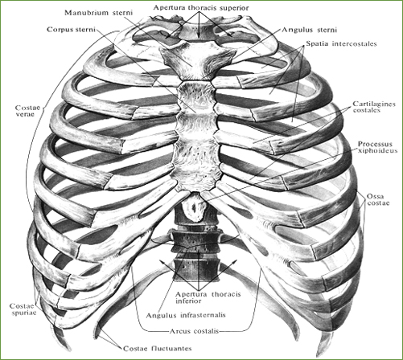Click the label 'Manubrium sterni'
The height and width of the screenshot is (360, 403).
(98, 13)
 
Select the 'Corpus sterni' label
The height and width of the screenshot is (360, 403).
(71, 29)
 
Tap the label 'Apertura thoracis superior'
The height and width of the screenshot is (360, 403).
(201, 8)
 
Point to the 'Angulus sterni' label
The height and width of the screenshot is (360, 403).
(309, 30)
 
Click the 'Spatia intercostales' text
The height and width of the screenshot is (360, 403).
(341, 43)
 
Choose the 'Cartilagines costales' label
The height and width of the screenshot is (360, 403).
(374, 107)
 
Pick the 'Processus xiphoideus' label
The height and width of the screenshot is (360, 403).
(377, 147)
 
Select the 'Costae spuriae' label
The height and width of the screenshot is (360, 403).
(23, 309)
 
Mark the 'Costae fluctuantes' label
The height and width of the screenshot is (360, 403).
(158, 349)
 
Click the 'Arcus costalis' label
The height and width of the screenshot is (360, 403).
(195, 331)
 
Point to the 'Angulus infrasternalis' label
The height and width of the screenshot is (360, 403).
(186, 315)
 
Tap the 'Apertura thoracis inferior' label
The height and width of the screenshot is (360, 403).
(208, 297)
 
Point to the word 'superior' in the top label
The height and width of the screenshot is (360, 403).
(234, 8)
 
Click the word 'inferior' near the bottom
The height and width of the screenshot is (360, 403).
(188, 301)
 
